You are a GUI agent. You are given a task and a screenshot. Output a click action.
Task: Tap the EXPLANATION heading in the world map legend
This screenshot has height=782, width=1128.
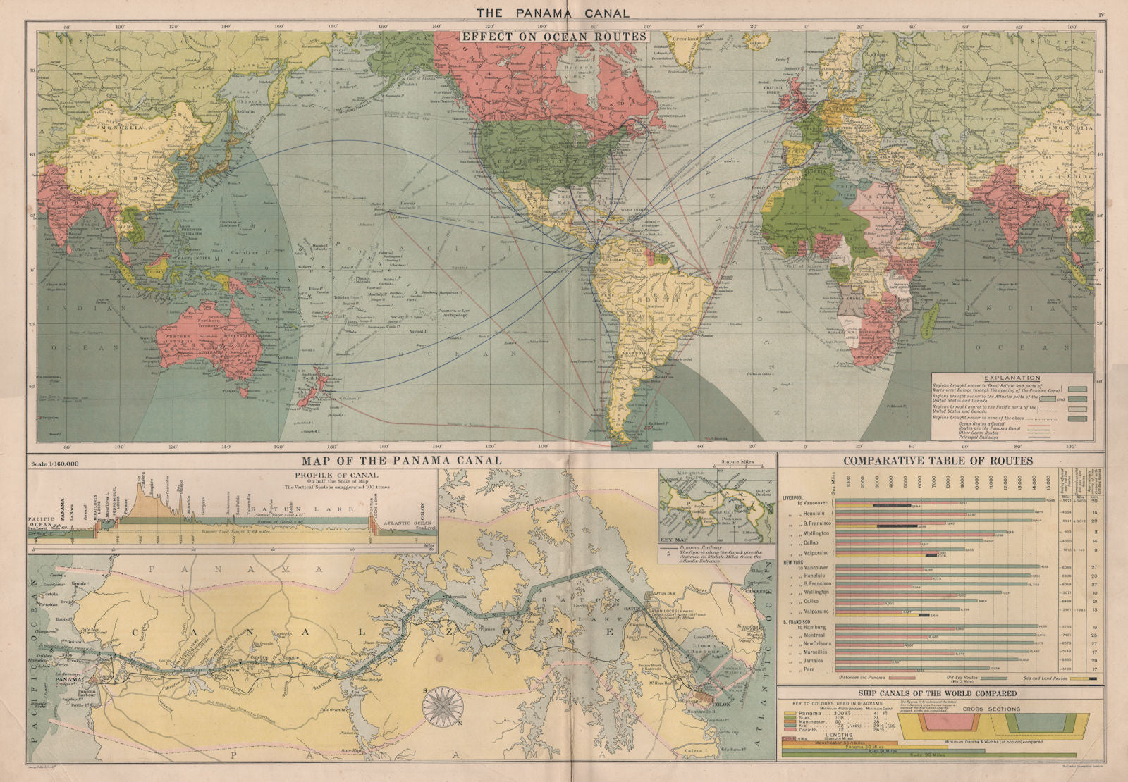pos(1012,378)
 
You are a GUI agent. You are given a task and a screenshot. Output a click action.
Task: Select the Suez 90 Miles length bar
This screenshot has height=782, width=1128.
pos(928,755)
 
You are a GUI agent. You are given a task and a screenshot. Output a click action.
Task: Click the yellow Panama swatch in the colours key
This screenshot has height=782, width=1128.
pos(790,713)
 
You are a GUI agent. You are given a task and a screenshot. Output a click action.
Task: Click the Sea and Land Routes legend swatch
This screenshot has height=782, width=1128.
pos(1083,678)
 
